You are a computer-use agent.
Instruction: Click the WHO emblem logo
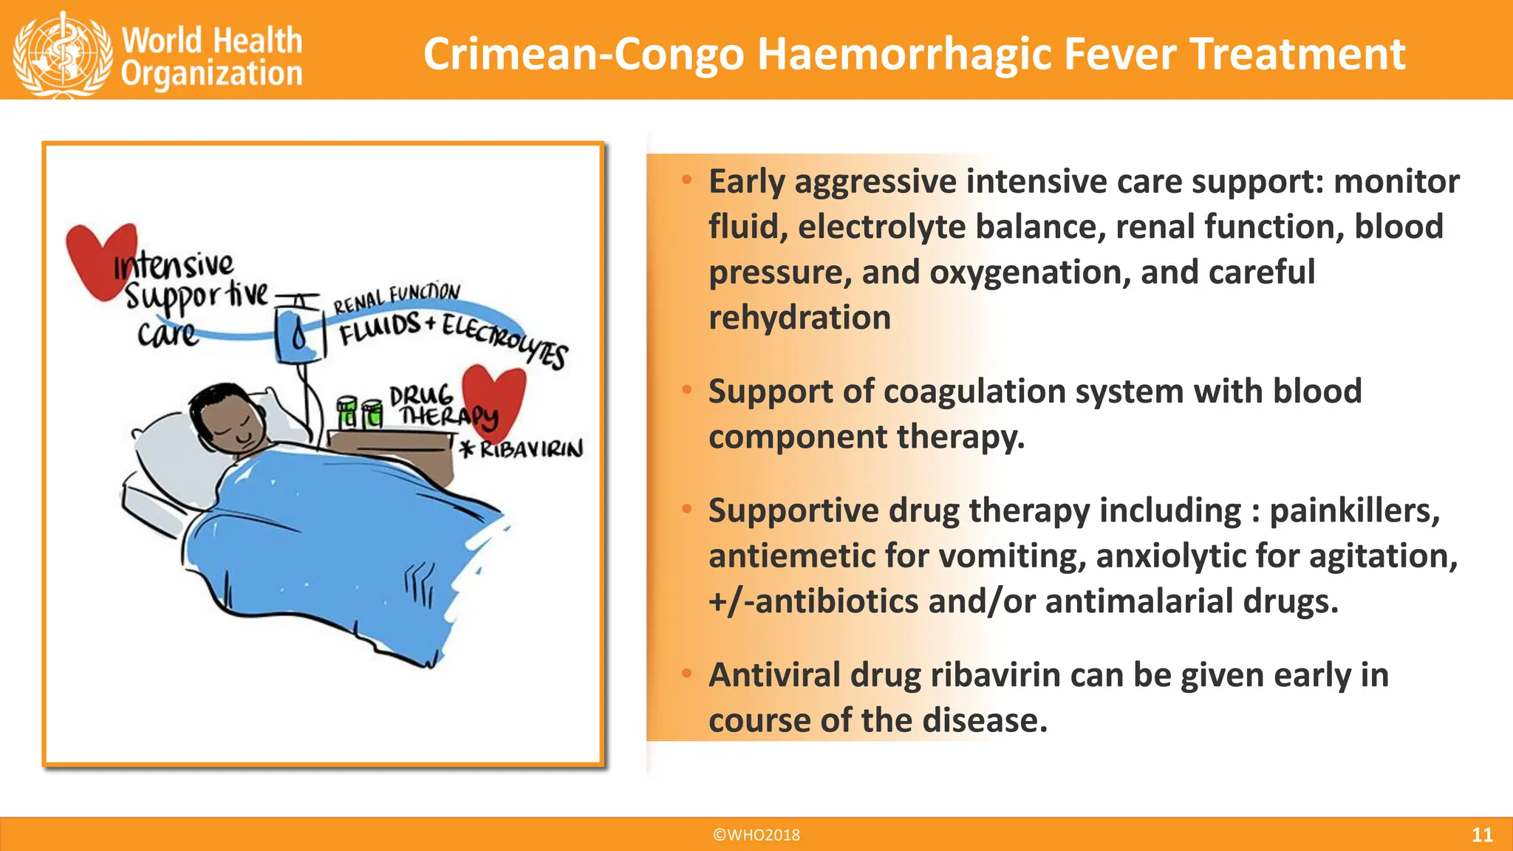pos(62,54)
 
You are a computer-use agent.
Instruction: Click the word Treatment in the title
pos(1297,55)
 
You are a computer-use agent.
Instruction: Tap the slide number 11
pos(1481,835)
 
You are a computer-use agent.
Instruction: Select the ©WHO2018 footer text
pos(756,835)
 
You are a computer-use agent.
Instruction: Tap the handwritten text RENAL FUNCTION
pos(397,298)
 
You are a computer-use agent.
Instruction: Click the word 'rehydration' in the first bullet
pos(799,318)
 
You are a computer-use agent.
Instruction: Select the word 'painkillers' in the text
pos(1354,510)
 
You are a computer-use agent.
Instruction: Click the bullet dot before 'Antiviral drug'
pos(686,673)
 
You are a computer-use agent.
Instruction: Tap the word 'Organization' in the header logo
pos(212,75)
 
